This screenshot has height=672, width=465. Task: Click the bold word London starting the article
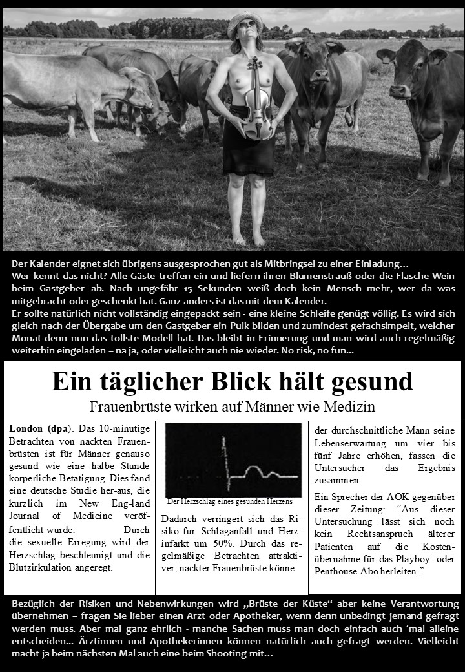[26, 428]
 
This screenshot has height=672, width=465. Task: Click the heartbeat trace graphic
[232, 459]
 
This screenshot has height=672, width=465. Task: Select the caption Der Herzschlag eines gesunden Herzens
[229, 501]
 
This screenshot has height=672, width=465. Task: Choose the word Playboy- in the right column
[409, 558]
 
